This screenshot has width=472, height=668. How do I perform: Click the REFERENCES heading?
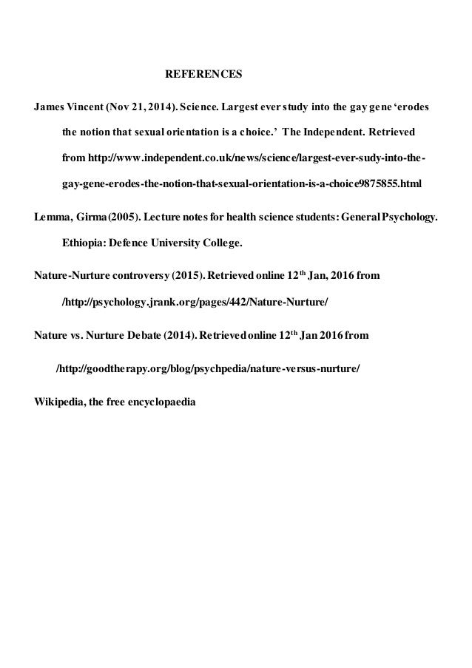[x=203, y=75]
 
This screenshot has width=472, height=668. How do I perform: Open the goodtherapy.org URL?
[x=209, y=368]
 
